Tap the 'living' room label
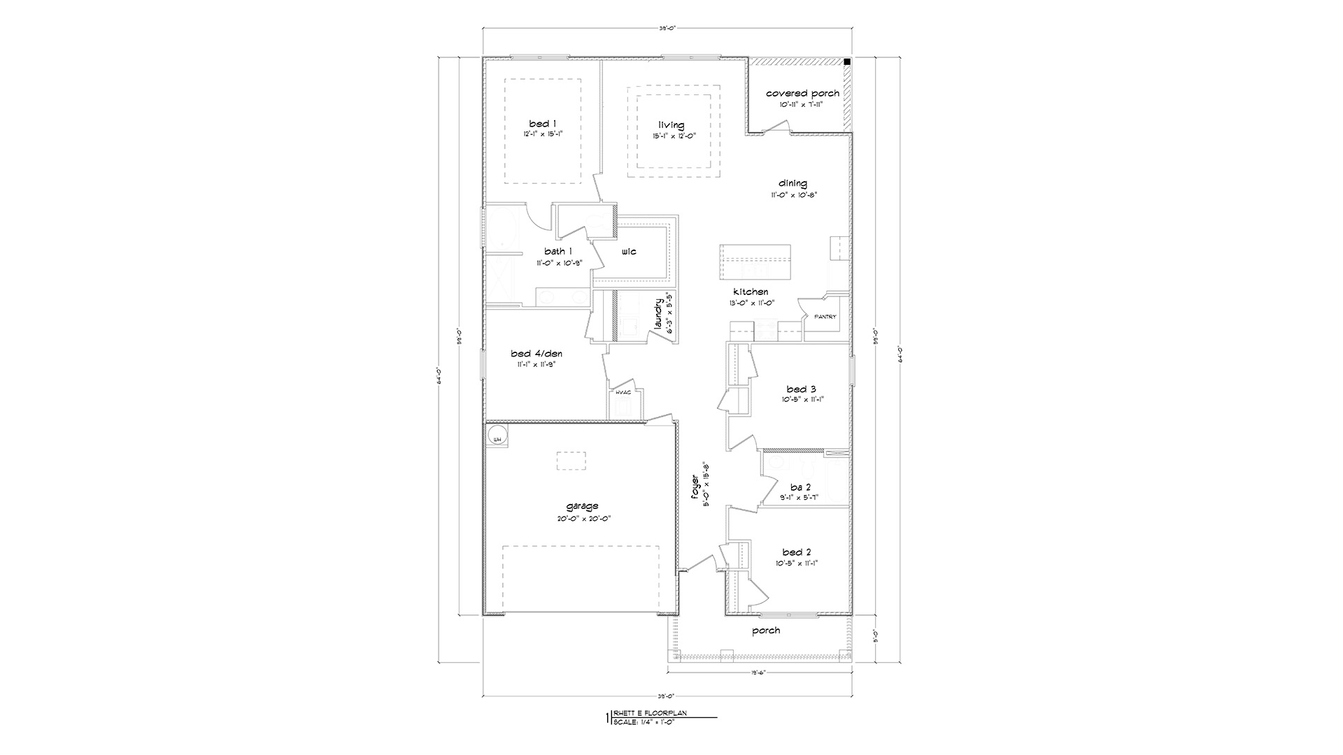coord(671,125)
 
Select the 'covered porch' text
coord(802,94)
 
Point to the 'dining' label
coord(793,184)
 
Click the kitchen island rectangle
coord(755,261)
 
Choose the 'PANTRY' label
coord(825,317)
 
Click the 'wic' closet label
coord(628,252)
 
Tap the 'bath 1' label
coord(558,252)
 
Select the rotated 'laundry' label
coord(658,315)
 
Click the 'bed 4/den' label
coord(536,354)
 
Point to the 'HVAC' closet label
coord(623,392)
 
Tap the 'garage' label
coord(582,506)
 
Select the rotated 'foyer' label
coord(695,487)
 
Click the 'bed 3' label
coord(801,389)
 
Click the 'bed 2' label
coord(797,552)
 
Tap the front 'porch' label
coord(766,631)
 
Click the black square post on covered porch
coord(847,62)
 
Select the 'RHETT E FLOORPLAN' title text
coord(650,714)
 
